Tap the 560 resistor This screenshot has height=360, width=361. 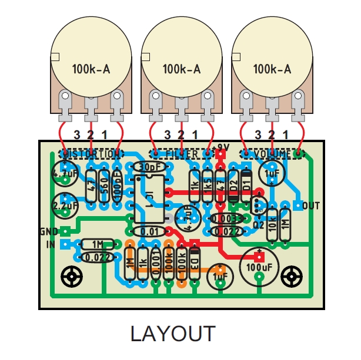pyautogui.click(x=103, y=187)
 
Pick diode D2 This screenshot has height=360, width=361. pyautogui.click(x=234, y=187)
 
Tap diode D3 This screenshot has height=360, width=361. pyautogui.click(x=195, y=261)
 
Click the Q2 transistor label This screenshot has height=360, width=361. pyautogui.click(x=258, y=223)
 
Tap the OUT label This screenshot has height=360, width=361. pyautogui.click(x=312, y=206)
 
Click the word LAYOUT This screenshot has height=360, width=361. pyautogui.click(x=172, y=334)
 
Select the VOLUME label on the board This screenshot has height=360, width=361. pyautogui.click(x=271, y=154)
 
